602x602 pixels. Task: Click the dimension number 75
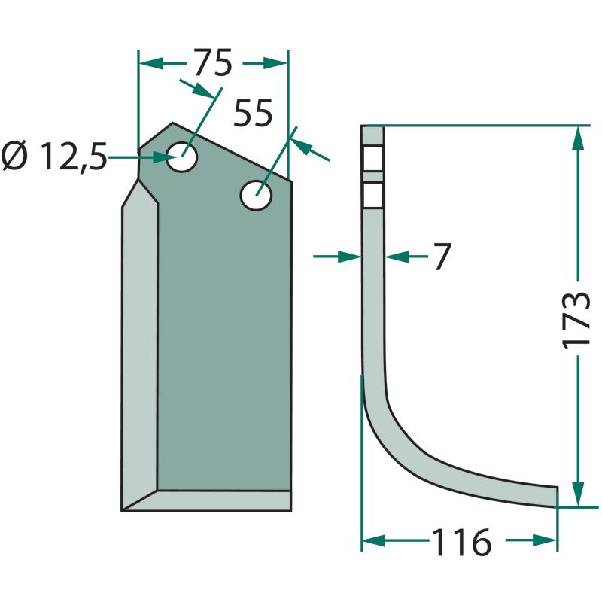coord(213,62)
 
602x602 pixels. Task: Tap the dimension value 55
coord(253,113)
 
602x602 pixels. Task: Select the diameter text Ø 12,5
coord(53,157)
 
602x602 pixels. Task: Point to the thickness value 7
coord(442,257)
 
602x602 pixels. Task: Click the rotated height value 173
coord(576,321)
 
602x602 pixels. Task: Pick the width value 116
coord(462,542)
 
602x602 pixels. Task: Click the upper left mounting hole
coord(181,157)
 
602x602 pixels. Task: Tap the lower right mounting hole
coord(256,195)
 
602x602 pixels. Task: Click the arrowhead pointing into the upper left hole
coord(164,157)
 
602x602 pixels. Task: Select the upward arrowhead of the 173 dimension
coord(578,138)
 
